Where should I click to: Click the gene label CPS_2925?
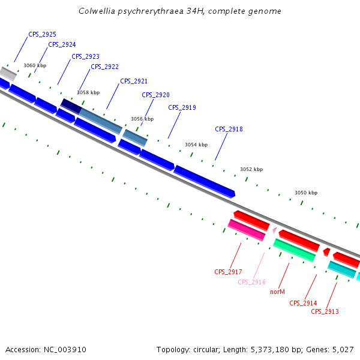pyautogui.click(x=42, y=35)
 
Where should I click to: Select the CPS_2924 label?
pyautogui.click(x=62, y=44)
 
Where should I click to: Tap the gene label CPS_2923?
pyautogui.click(x=85, y=56)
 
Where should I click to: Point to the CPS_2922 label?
pyautogui.click(x=104, y=67)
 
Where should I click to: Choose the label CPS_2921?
pyautogui.click(x=134, y=81)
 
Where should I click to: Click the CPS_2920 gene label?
pyautogui.click(x=155, y=95)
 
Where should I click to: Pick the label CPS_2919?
pyautogui.click(x=182, y=107)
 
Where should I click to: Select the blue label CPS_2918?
pyautogui.click(x=229, y=129)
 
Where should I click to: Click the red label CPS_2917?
pyautogui.click(x=228, y=272)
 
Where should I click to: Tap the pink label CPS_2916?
pyautogui.click(x=251, y=282)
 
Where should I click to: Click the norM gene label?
pyautogui.click(x=277, y=292)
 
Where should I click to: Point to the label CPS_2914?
pyautogui.click(x=303, y=303)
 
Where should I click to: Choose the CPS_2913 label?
pyautogui.click(x=325, y=311)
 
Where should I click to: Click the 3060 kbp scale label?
pyautogui.click(x=35, y=65)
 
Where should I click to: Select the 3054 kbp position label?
pyautogui.click(x=196, y=145)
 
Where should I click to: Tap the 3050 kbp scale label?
pyautogui.click(x=306, y=193)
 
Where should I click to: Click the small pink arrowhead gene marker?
pyautogui.click(x=274, y=230)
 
